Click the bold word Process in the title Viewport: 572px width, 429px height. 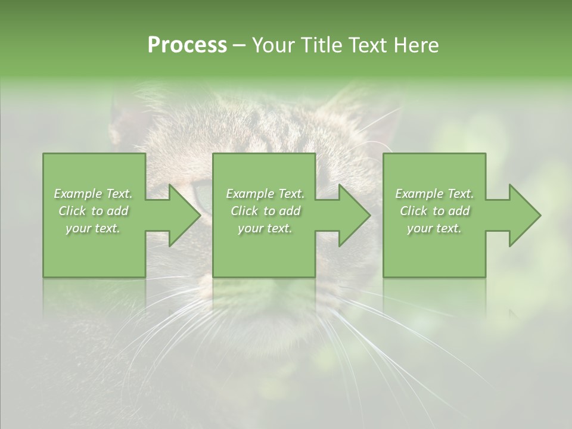[x=187, y=45]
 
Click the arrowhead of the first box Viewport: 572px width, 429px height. [x=182, y=215]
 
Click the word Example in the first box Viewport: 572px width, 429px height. [x=79, y=194]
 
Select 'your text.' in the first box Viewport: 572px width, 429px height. [x=93, y=228]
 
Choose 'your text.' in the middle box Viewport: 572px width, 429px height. [x=265, y=228]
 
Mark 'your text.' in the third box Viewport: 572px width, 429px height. [x=434, y=228]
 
